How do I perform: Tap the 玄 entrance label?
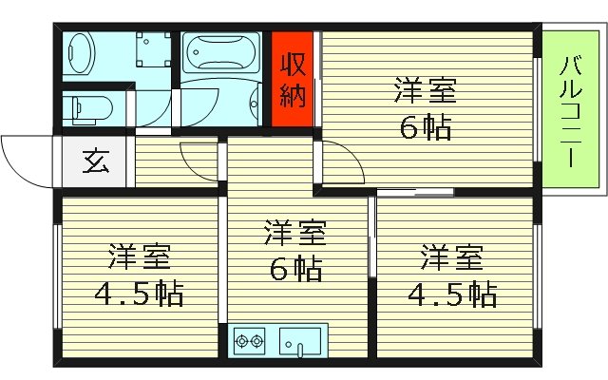pyautogui.click(x=95, y=161)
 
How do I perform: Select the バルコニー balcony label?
pyautogui.click(x=567, y=112)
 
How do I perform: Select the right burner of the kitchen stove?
pyautogui.click(x=257, y=339)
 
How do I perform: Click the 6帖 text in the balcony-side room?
pyautogui.click(x=425, y=126)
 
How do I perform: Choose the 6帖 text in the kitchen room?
pyautogui.click(x=294, y=269)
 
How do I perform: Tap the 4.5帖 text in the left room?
pyautogui.click(x=138, y=292)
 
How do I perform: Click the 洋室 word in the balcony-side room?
pyautogui.click(x=425, y=93)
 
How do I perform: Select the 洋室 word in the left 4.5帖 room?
pyautogui.click(x=138, y=257)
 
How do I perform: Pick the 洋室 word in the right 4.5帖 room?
pyautogui.click(x=451, y=257)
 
